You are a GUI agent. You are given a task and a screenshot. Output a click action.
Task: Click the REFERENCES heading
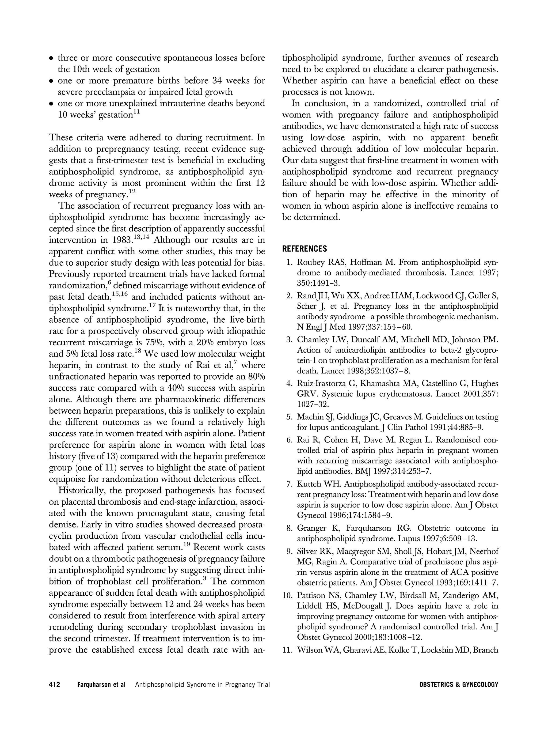(x=304, y=249)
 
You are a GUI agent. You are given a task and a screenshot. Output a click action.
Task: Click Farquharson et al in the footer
(x=101, y=684)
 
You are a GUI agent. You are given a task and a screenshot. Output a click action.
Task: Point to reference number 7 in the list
(x=289, y=484)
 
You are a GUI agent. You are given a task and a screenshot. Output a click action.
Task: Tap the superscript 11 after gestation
(x=136, y=112)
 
